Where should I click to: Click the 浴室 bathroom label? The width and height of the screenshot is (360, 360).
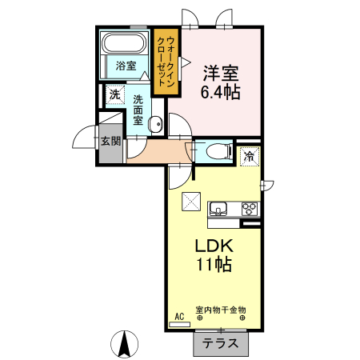tap(125, 66)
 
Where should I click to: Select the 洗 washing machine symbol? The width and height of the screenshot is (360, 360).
tap(114, 95)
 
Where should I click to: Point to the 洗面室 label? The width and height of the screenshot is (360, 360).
tap(138, 110)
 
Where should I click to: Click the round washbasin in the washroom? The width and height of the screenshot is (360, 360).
tap(157, 124)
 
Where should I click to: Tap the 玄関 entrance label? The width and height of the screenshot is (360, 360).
tap(110, 142)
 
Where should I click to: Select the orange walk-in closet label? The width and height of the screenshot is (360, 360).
tap(166, 60)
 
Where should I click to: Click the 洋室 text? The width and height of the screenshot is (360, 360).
tap(221, 73)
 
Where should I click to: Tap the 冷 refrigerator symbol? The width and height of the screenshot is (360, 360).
tap(250, 155)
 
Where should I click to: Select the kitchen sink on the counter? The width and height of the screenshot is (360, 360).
tap(218, 210)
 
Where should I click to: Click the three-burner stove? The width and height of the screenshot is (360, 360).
tap(249, 210)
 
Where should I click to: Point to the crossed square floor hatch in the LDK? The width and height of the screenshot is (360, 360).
tap(190, 202)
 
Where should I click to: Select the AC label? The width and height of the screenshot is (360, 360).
tap(179, 317)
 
